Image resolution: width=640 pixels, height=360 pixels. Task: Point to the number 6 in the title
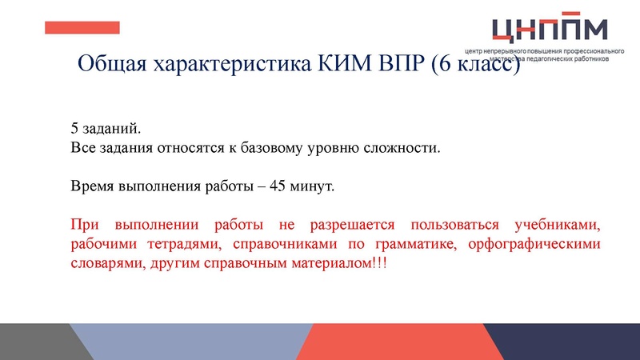pyautogui.click(x=449, y=65)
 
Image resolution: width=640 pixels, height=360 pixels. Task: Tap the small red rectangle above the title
pyautogui.click(x=82, y=28)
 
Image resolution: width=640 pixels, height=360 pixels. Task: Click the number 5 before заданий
pyautogui.click(x=74, y=128)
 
